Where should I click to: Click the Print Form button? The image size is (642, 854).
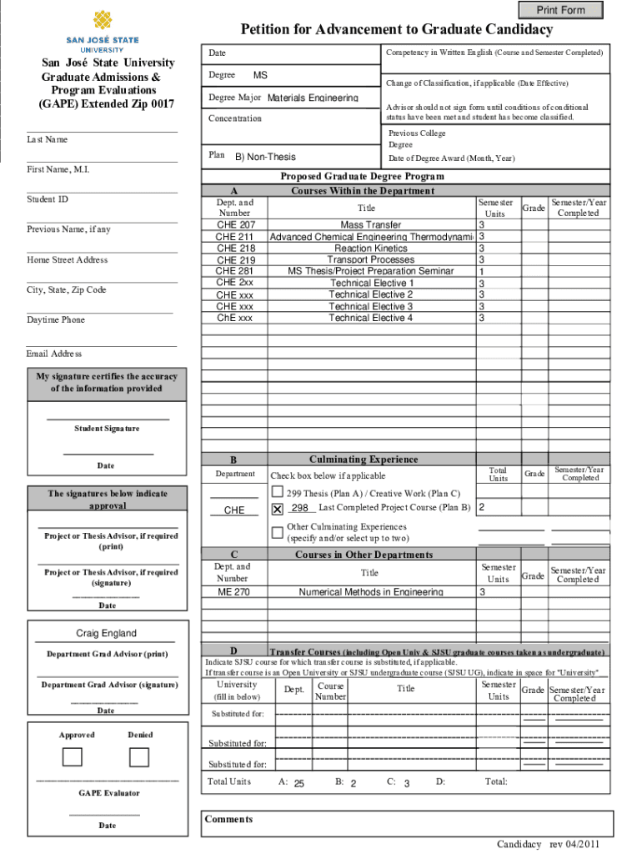coord(560,10)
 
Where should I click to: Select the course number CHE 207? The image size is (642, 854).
coord(236,225)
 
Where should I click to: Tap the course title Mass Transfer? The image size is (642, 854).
coord(370,225)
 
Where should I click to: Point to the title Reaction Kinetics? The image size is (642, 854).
coord(370,249)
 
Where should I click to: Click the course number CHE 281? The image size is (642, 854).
coord(236,271)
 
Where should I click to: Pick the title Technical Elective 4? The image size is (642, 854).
coord(370,318)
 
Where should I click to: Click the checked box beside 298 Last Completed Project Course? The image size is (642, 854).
coord(278,509)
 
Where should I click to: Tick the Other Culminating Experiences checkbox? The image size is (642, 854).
coord(278,532)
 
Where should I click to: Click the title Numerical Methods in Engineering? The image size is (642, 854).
coord(370,592)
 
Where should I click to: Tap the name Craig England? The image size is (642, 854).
coord(106,633)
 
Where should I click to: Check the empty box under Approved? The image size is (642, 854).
coord(73,756)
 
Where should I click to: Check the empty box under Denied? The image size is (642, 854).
coord(139,756)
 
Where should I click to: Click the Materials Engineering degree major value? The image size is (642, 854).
coord(313,98)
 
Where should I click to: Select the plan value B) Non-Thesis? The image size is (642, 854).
coord(265,157)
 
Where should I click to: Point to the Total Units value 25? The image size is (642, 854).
coord(298,784)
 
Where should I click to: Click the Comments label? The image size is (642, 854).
coord(228,819)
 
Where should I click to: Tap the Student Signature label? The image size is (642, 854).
coord(107,429)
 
